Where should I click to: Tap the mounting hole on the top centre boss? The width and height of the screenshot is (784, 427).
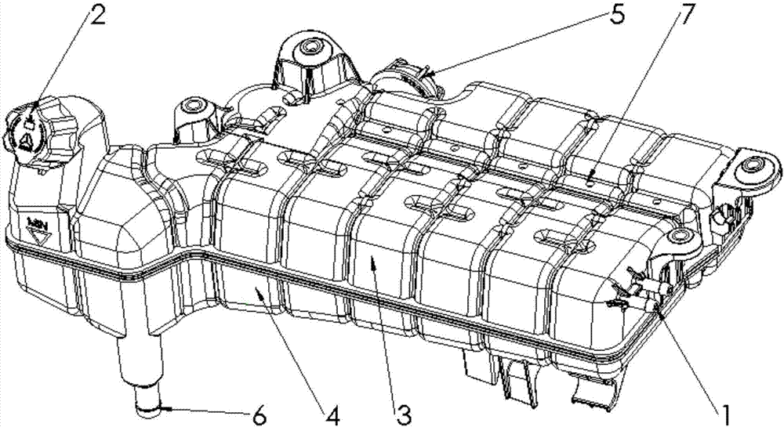pyautogui.click(x=308, y=49)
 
